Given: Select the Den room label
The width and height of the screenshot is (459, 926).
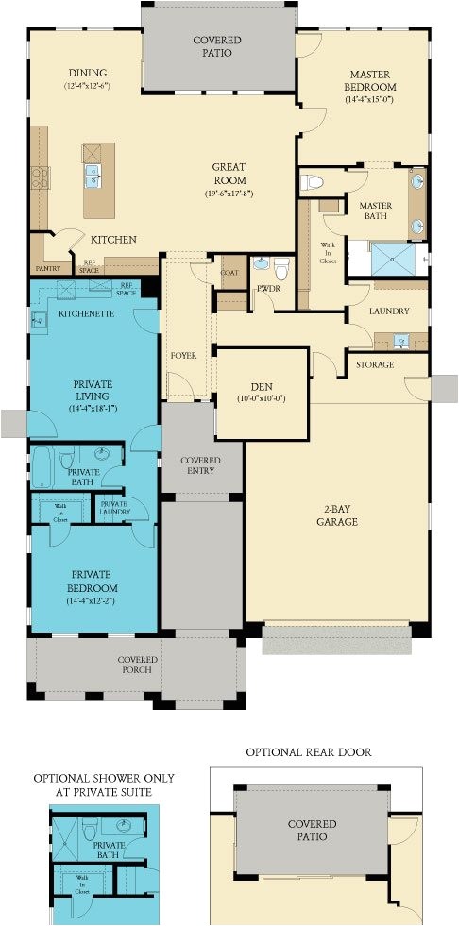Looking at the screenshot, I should (x=262, y=386).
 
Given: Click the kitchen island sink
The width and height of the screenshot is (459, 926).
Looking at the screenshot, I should (x=93, y=174).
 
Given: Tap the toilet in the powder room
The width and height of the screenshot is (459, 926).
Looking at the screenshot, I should (x=280, y=263).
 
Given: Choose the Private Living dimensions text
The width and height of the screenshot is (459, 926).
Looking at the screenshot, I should (x=93, y=409).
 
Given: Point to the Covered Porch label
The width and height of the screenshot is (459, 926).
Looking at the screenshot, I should (x=137, y=665).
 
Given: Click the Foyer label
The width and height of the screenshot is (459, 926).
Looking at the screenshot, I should (x=183, y=356).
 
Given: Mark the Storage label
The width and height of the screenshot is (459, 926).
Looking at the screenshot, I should (x=374, y=364).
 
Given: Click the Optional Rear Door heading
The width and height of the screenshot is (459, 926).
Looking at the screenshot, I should (x=309, y=752).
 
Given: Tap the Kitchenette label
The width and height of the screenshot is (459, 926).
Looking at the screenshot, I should (x=81, y=312).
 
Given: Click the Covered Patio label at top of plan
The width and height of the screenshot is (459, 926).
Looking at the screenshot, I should (x=217, y=47).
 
